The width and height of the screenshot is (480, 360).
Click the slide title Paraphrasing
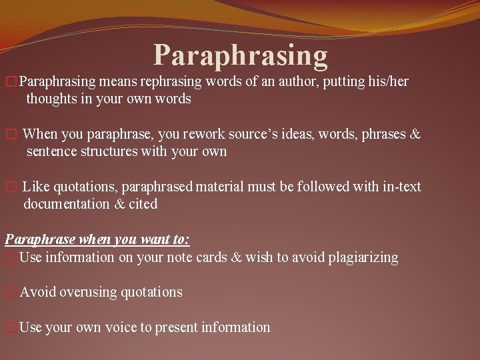[x=241, y=55]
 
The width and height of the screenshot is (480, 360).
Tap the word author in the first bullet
[x=299, y=82]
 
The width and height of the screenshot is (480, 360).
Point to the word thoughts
[x=51, y=99]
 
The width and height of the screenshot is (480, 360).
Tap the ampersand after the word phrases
[x=414, y=134]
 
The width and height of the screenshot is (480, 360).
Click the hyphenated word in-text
[x=400, y=187]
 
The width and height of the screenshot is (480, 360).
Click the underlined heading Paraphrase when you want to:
[x=97, y=240]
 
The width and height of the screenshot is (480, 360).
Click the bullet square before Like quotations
[x=9, y=187]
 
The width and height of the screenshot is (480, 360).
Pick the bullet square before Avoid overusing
[x=9, y=293]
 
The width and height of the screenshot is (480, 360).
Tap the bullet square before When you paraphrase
[x=9, y=135]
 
